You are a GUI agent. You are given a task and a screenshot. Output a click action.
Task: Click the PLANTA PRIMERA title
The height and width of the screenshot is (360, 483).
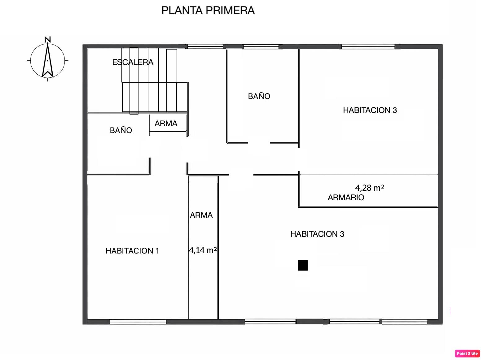(208, 11)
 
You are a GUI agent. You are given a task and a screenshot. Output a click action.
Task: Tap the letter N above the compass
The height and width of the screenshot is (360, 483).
(48, 40)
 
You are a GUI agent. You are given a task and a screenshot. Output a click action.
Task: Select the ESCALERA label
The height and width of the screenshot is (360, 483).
(133, 62)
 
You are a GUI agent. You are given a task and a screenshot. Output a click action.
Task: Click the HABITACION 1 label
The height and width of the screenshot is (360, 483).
(132, 251)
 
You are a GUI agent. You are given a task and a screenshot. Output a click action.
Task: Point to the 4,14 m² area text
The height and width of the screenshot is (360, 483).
(203, 250)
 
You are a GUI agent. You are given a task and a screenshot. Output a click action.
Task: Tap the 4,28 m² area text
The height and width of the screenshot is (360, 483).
(370, 188)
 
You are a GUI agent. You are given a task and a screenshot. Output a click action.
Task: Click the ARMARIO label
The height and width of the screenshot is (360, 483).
(346, 197)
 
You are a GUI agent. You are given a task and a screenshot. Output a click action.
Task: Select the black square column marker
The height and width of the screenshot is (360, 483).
(303, 266)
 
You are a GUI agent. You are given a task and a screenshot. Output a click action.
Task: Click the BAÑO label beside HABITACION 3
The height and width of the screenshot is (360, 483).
(259, 96)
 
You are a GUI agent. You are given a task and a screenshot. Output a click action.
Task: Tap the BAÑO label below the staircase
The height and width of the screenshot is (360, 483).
(121, 130)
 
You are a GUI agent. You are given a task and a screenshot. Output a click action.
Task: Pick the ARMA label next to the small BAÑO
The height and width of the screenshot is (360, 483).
(166, 124)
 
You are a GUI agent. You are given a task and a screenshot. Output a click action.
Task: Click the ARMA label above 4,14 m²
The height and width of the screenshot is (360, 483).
(201, 215)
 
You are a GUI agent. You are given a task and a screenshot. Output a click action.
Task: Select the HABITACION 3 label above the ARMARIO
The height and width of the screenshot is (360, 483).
(370, 110)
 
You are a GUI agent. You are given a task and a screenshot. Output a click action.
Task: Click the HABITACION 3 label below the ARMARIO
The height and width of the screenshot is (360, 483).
(317, 234)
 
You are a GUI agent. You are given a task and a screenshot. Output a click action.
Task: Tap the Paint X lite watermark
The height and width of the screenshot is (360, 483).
(467, 353)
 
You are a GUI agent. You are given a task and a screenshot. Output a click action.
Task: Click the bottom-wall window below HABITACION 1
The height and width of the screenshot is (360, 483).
(138, 322)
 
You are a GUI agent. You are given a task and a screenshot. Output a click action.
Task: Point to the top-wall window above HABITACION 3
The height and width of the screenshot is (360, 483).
(368, 47)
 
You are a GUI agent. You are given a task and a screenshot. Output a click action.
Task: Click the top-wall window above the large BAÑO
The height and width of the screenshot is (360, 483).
(261, 47)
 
